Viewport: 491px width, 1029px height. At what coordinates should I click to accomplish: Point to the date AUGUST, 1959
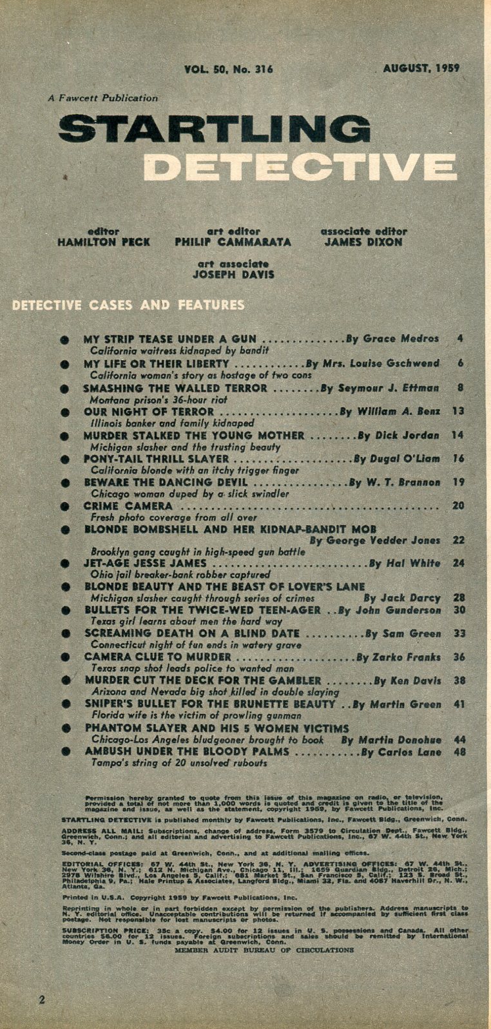pyautogui.click(x=421, y=68)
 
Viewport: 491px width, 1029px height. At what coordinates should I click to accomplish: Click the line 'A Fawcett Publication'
pyautogui.click(x=102, y=99)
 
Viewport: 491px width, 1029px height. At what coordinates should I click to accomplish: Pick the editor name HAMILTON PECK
pyautogui.click(x=103, y=242)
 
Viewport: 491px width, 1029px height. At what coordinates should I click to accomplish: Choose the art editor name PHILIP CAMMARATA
pyautogui.click(x=233, y=242)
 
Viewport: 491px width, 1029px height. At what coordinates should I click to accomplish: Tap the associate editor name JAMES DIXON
pyautogui.click(x=363, y=242)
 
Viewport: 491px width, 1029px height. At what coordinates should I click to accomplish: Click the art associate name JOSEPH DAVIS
pyautogui.click(x=233, y=274)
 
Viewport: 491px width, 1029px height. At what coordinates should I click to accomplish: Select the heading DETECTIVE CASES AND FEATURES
pyautogui.click(x=129, y=305)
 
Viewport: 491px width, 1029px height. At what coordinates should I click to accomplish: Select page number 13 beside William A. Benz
pyautogui.click(x=458, y=411)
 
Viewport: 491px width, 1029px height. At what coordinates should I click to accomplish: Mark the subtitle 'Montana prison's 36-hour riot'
pyautogui.click(x=149, y=399)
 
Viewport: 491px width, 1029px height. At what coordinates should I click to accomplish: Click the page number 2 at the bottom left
pyautogui.click(x=42, y=1000)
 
